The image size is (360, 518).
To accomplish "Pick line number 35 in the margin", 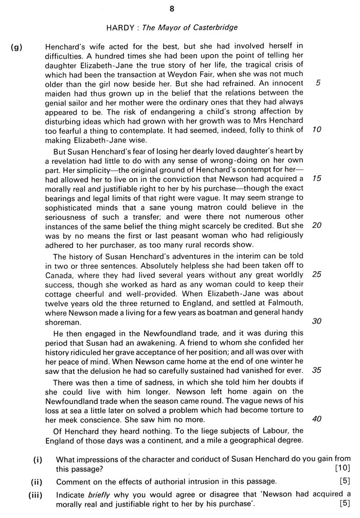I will tap(317, 370).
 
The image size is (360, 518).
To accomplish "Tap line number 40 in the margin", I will tap(317, 418).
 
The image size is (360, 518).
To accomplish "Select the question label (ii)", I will tap(38, 482).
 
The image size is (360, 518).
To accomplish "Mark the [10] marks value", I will tap(341, 468).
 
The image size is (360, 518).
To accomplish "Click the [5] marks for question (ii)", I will tap(344, 482).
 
